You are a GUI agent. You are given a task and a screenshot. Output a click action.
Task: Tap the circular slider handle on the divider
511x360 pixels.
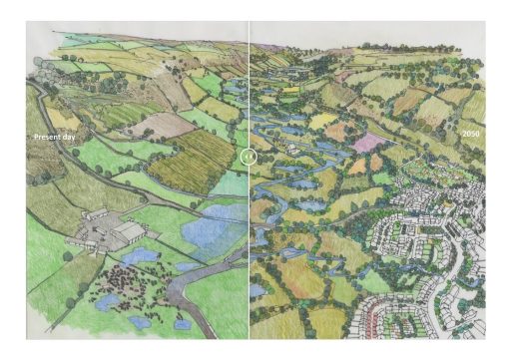pyautogui.click(x=250, y=157)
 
